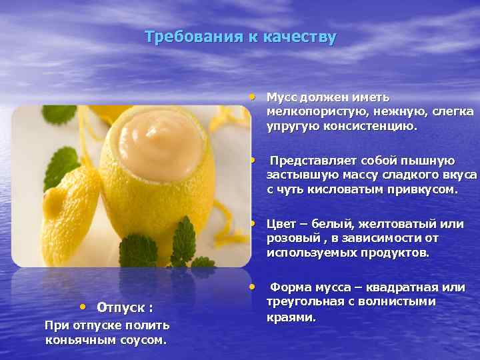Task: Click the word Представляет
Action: pyautogui.click(x=313, y=161)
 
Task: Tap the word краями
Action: pyautogui.click(x=291, y=317)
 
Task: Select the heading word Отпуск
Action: pyautogui.click(x=121, y=307)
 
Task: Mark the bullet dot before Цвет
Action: pyautogui.click(x=253, y=222)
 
